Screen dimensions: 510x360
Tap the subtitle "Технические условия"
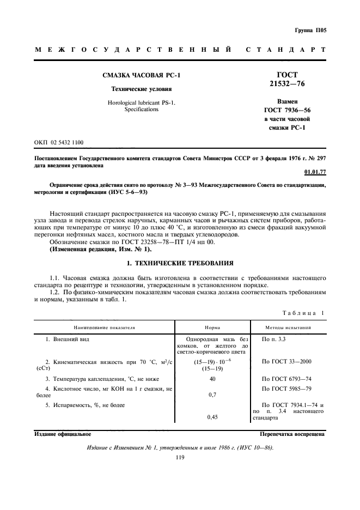point(142,88)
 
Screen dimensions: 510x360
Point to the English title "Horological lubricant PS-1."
point(142,102)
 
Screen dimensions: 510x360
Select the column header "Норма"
point(212,327)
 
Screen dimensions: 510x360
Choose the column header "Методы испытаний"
point(288,327)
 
